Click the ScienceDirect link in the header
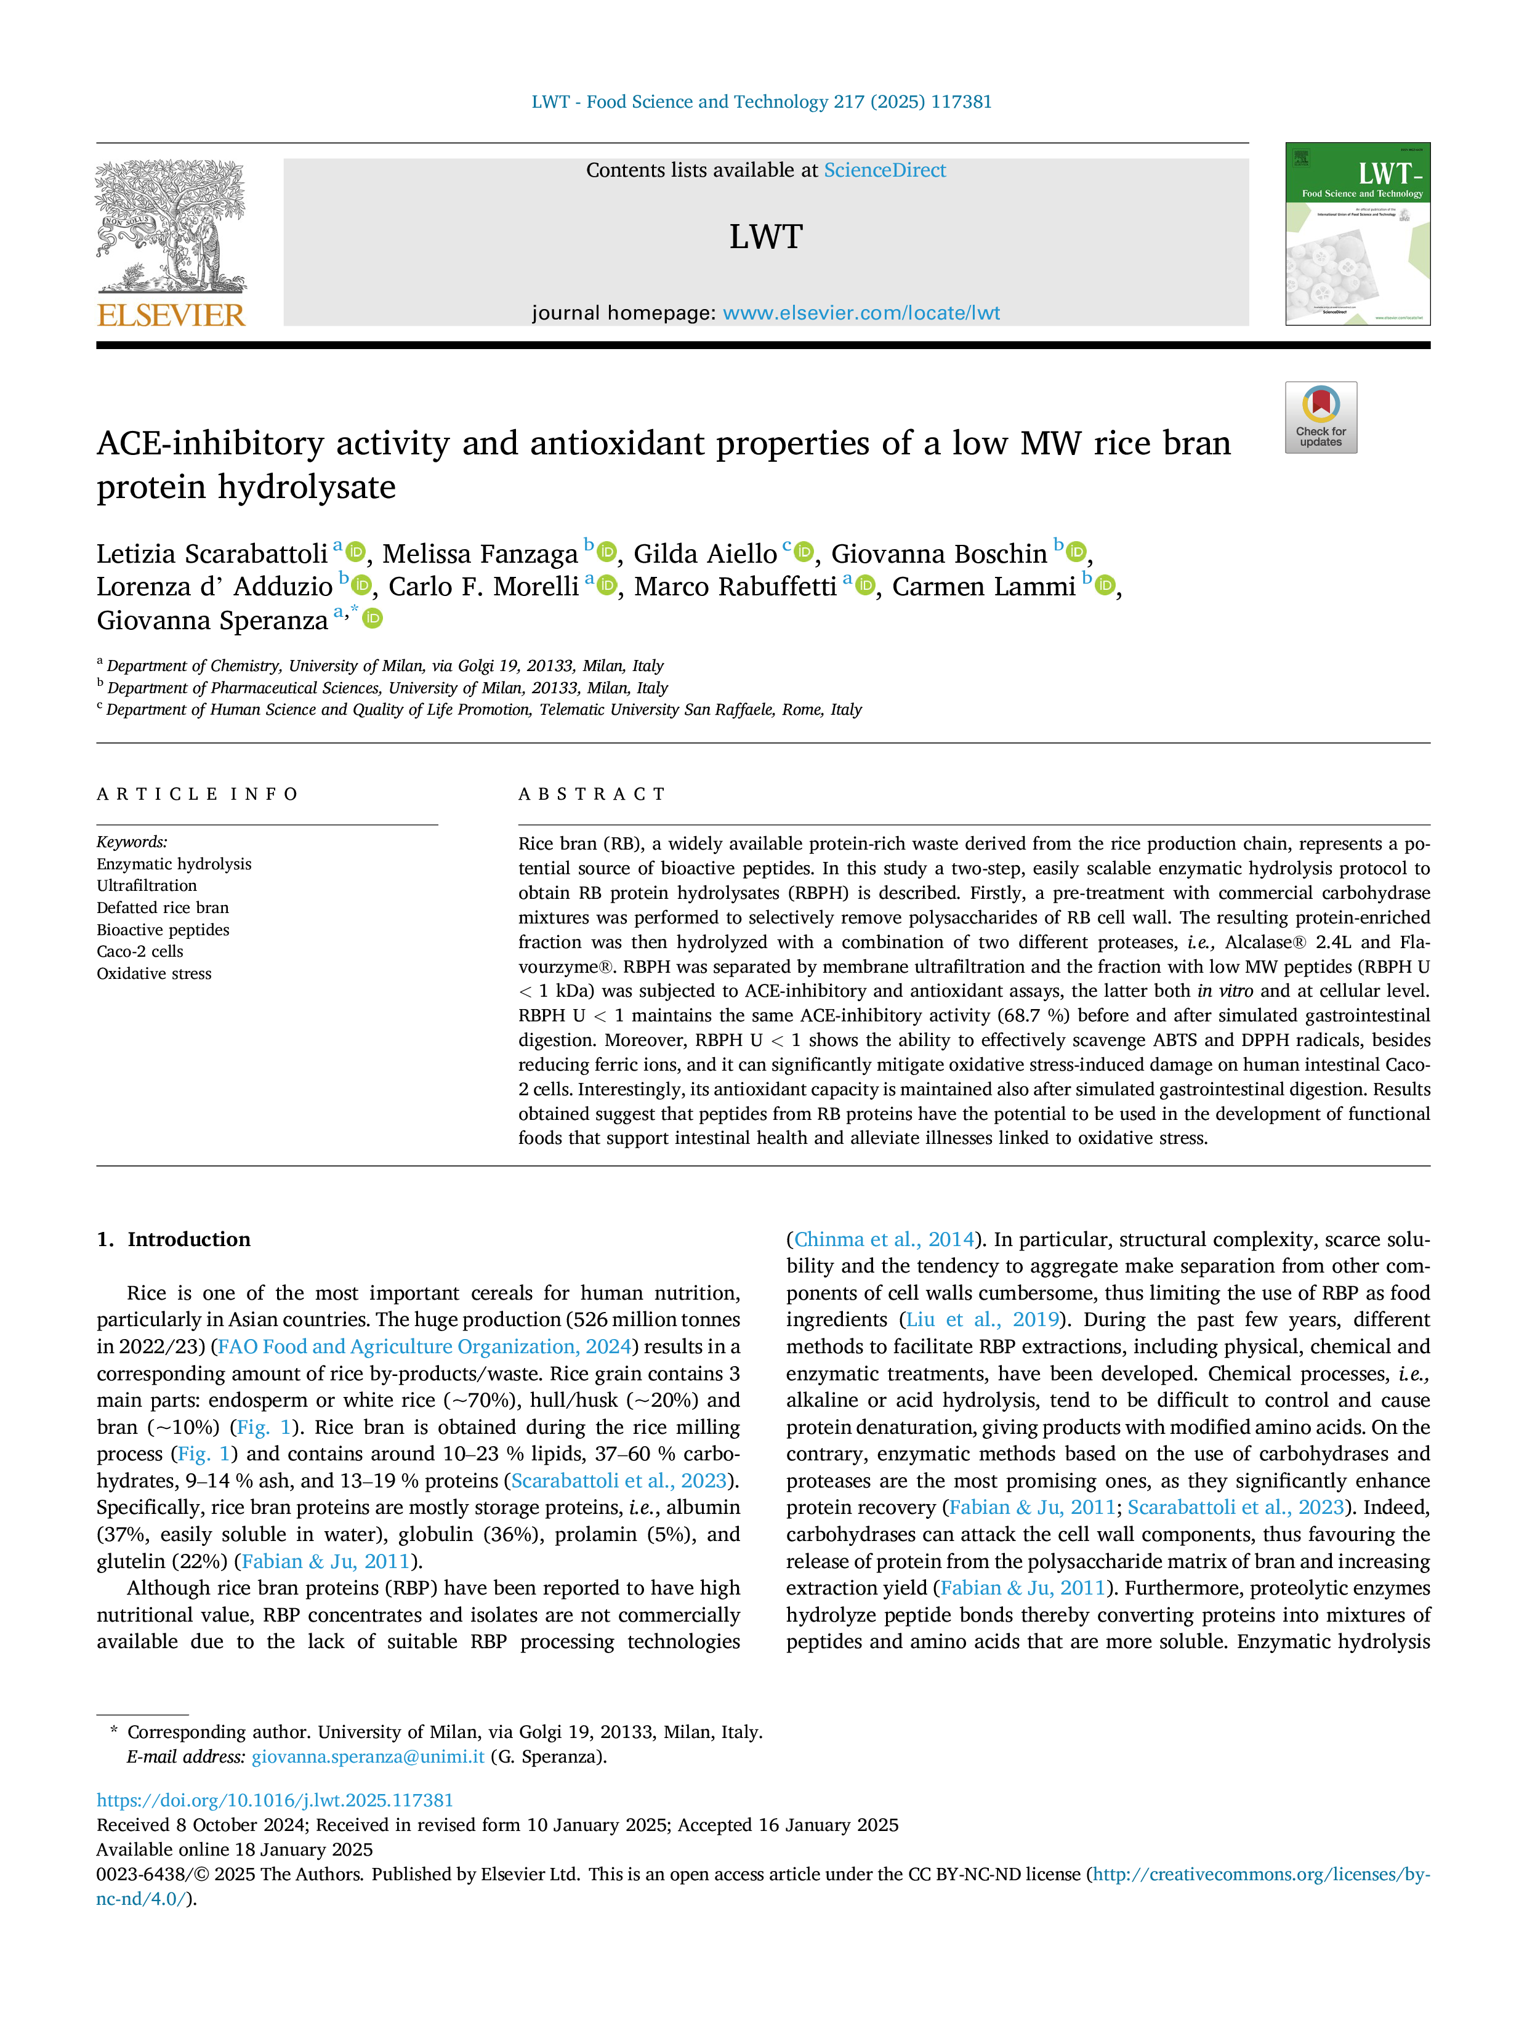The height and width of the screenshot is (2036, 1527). point(885,171)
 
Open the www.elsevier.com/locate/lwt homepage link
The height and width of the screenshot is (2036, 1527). point(861,313)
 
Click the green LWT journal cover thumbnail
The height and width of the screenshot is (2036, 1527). point(1358,234)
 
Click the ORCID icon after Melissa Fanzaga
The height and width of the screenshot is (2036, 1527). point(606,552)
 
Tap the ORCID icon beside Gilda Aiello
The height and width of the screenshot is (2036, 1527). point(804,552)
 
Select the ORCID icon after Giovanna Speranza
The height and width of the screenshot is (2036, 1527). point(372,619)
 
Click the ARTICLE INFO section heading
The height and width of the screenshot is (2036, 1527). point(197,794)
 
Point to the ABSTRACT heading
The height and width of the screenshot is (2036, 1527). point(592,794)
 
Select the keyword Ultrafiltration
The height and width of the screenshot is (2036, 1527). point(147,885)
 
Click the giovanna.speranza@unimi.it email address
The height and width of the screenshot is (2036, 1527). point(368,1756)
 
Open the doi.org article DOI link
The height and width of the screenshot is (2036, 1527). point(275,1800)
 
